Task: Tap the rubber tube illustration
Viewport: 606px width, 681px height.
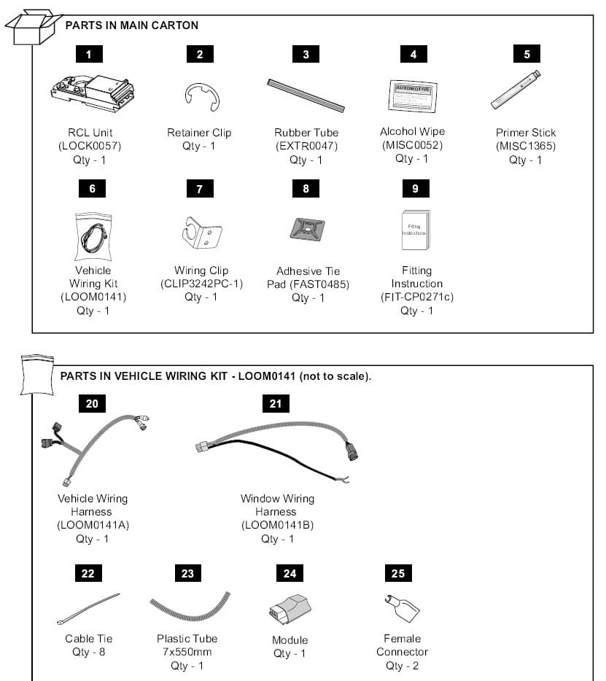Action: tap(306, 95)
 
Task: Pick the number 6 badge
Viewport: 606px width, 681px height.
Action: tap(92, 189)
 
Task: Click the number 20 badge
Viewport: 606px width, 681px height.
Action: tap(92, 403)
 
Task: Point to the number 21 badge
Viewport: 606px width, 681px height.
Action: tap(276, 403)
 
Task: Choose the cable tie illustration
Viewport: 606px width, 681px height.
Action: tap(88, 609)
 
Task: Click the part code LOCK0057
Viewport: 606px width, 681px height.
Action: tap(90, 146)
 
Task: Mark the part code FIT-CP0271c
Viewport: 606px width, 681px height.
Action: tap(416, 297)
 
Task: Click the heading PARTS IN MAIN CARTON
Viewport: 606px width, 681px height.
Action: tap(132, 26)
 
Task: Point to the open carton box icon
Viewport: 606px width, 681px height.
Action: tap(32, 28)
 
